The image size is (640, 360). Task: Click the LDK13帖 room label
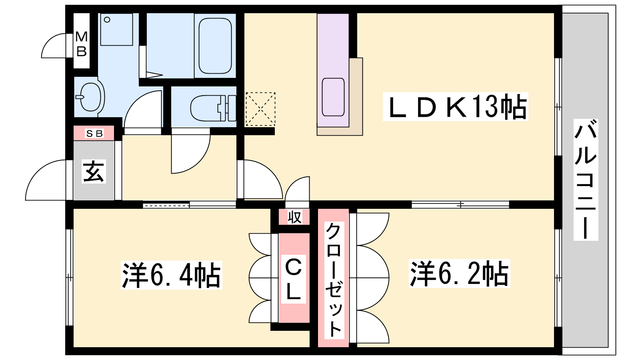456,106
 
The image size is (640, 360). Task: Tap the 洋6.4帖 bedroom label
172,275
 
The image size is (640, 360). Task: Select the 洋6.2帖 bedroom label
460,273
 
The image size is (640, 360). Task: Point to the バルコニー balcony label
586,180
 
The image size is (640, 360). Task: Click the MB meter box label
82,44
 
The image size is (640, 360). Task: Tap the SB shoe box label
94,134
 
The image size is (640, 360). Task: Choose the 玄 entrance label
94,171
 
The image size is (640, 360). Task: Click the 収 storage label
294,217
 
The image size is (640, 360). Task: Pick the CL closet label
294,279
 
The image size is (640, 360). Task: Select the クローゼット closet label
334,280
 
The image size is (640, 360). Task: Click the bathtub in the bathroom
215,46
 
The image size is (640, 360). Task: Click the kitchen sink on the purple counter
333,97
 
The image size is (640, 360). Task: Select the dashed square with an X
260,109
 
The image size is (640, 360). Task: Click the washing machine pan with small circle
116,29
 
